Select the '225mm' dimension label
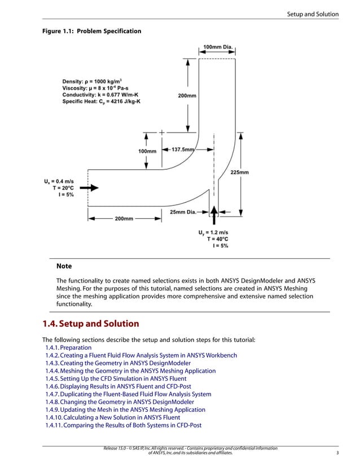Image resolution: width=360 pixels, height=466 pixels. [240, 172]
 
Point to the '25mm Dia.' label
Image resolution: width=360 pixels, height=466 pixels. [183, 212]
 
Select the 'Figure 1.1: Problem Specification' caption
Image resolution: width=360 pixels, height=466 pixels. [92, 30]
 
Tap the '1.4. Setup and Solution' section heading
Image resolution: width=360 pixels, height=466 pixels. [91, 324]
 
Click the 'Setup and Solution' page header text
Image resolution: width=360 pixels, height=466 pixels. [313, 14]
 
